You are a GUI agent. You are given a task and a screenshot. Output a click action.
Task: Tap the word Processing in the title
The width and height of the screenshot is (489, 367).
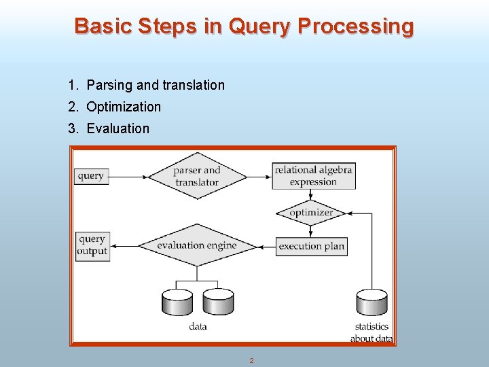(x=355, y=27)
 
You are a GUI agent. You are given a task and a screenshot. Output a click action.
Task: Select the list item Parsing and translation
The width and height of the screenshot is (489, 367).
(x=156, y=85)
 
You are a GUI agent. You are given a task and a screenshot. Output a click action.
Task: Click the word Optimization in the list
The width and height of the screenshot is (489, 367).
(x=124, y=107)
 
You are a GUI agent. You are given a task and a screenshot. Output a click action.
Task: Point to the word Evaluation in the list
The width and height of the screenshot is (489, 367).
(x=117, y=128)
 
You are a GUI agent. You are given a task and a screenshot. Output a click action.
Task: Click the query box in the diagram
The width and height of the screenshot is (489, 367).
(x=91, y=176)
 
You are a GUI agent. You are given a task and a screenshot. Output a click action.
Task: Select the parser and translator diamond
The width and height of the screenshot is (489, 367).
(x=197, y=176)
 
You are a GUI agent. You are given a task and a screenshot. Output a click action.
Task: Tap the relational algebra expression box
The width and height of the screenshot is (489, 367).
(x=313, y=176)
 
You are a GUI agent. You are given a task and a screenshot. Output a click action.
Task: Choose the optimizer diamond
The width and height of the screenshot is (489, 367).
(x=311, y=213)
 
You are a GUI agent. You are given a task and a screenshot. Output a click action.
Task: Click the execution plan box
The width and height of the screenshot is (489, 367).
(x=311, y=246)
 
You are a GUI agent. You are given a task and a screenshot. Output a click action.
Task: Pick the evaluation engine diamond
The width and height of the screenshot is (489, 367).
(x=197, y=245)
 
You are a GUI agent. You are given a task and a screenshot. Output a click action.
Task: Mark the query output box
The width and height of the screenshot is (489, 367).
(x=92, y=245)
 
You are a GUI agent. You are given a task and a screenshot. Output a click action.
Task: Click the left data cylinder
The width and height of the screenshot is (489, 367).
(x=178, y=302)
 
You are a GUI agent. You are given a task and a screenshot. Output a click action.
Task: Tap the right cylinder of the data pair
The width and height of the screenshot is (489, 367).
(x=218, y=302)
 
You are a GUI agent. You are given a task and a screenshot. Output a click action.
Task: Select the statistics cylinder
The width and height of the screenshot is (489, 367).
(x=372, y=302)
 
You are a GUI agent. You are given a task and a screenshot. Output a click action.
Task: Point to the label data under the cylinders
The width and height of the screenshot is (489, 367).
(x=198, y=327)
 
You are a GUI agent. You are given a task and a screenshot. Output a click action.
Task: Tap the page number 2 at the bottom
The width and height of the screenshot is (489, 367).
(x=251, y=360)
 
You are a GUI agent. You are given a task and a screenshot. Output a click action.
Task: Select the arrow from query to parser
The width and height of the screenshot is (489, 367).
(x=129, y=177)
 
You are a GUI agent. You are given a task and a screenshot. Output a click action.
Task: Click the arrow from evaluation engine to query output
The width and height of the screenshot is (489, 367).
(x=124, y=245)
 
